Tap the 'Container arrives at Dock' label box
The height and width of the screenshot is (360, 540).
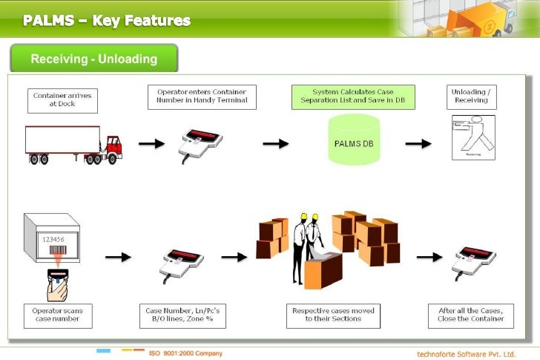[63, 100]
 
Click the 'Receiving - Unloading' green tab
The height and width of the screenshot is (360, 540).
[93, 59]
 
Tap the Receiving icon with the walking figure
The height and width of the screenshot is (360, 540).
[472, 138]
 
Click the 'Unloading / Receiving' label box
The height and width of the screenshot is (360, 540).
[471, 96]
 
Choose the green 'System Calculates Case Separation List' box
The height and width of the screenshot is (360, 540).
[352, 96]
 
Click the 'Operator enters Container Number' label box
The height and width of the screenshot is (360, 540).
[202, 96]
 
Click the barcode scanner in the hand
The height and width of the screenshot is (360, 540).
[58, 281]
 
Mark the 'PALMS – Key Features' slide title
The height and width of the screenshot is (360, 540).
[106, 21]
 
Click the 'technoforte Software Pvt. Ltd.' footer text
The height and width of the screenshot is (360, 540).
[476, 353]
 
